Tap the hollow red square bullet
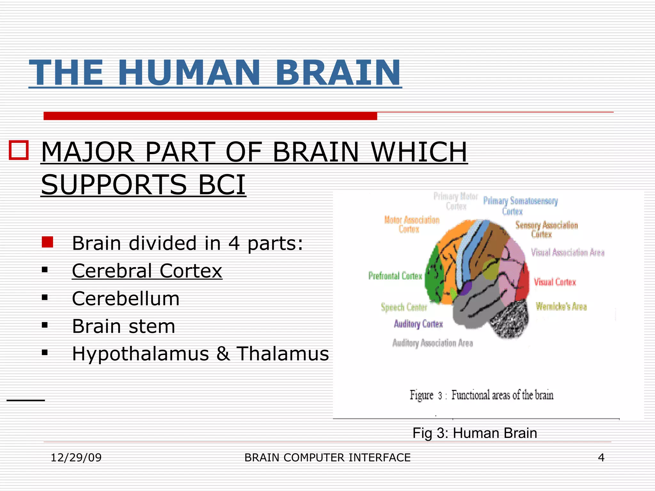(19, 150)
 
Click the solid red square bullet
(47, 242)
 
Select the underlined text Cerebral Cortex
(147, 271)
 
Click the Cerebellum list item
(126, 299)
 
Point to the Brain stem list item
(123, 326)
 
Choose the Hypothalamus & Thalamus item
(200, 354)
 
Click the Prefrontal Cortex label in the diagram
(395, 276)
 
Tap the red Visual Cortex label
(555, 282)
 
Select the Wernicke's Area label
(561, 307)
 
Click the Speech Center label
(404, 307)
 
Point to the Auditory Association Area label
(432, 343)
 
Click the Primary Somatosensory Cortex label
(520, 206)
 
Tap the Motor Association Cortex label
(412, 224)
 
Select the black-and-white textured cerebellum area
(510, 320)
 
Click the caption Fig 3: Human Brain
(475, 433)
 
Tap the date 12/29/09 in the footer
(76, 457)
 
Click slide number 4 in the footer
(601, 457)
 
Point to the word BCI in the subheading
(222, 184)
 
